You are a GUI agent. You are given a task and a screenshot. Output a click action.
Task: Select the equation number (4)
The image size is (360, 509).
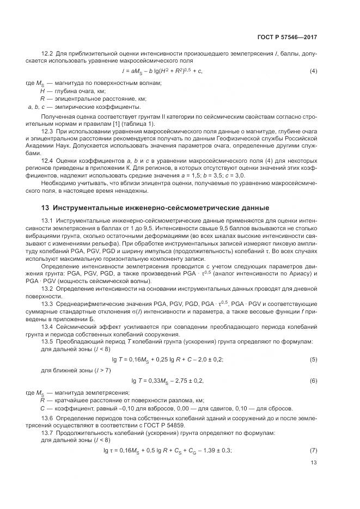(314, 71)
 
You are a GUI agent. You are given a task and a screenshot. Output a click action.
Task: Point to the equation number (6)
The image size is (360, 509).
(314, 381)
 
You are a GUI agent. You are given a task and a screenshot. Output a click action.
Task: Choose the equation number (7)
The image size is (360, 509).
(314, 450)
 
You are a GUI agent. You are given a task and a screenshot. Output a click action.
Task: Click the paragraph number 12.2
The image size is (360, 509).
(47, 53)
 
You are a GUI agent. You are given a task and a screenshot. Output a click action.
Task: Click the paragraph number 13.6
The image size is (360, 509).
(47, 418)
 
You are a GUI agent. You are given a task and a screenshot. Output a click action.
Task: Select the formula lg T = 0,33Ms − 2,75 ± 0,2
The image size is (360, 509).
(168, 381)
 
